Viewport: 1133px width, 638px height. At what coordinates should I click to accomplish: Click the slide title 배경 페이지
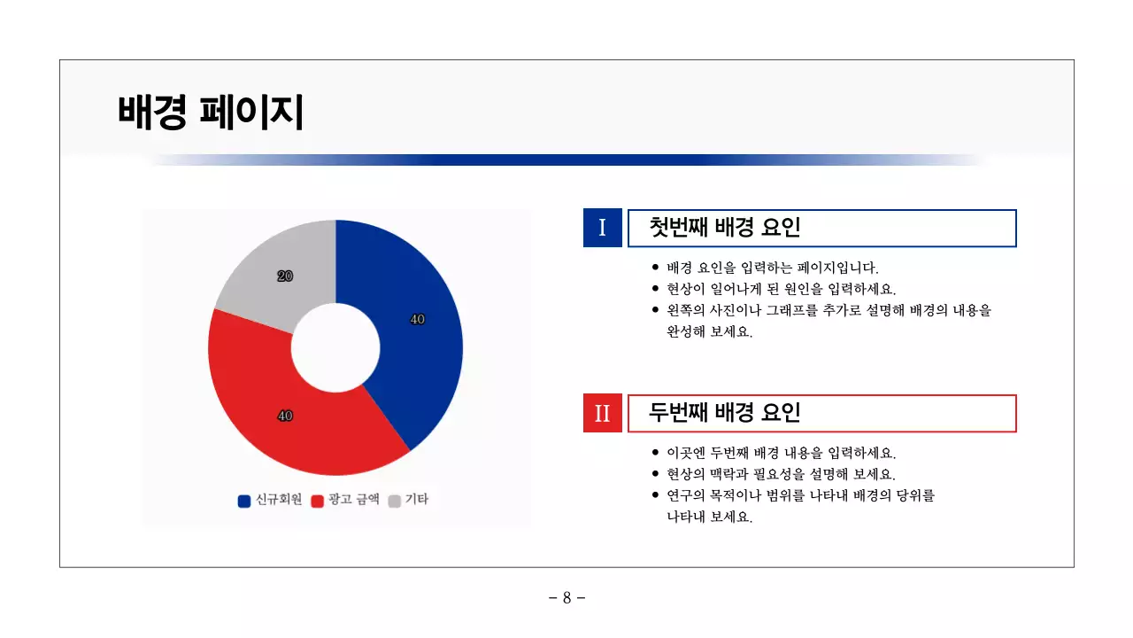click(x=210, y=113)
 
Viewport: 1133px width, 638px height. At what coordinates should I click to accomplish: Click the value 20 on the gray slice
click(x=285, y=276)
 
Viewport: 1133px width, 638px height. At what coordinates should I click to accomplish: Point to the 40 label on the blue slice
click(x=418, y=319)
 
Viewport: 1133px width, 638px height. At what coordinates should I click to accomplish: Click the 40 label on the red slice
click(x=285, y=416)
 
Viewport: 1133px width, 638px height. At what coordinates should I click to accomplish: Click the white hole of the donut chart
click(x=335, y=348)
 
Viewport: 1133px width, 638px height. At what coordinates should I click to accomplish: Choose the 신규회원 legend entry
click(x=270, y=500)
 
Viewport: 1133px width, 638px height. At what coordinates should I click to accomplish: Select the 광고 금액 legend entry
click(x=345, y=500)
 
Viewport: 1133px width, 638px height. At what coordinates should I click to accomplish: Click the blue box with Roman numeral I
click(x=603, y=228)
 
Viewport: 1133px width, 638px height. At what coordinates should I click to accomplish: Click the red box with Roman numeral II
click(x=603, y=413)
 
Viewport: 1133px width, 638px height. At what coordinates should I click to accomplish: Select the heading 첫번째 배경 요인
click(x=724, y=228)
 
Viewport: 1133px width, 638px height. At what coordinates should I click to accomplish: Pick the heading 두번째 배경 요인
click(x=724, y=413)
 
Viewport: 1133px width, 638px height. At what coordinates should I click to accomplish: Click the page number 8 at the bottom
click(x=566, y=598)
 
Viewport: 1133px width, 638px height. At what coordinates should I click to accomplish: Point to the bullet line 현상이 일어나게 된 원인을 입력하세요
click(x=781, y=289)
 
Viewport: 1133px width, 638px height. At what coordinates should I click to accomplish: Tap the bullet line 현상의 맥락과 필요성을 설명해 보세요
click(x=781, y=474)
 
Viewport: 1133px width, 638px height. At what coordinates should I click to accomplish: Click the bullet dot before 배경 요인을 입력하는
click(x=655, y=268)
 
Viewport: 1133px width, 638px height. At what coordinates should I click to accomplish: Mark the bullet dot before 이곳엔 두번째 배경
click(x=655, y=453)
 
